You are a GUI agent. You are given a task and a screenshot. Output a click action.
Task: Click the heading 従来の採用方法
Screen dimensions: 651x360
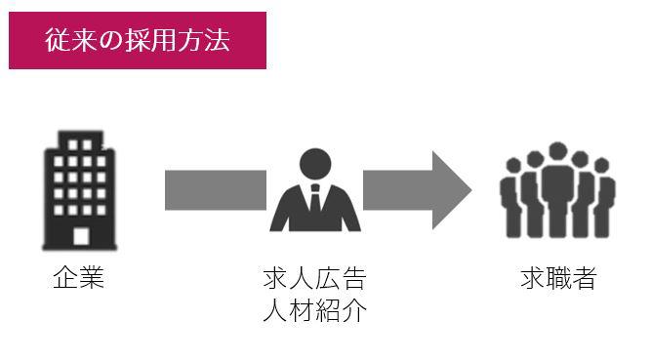point(138,40)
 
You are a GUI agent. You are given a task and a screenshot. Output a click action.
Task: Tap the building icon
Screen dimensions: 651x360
point(80,190)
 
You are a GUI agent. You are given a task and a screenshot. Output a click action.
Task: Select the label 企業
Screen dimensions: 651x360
point(78,277)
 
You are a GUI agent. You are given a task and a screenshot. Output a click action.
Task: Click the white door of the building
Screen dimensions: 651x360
point(81,237)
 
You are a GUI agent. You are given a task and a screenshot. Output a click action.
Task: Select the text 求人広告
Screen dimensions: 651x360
point(314,278)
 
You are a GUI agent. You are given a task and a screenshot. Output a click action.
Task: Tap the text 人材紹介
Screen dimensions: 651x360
point(314,310)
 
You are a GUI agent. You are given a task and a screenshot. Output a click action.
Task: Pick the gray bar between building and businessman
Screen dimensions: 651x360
point(216,190)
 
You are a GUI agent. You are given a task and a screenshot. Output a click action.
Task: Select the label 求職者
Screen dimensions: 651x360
point(559,278)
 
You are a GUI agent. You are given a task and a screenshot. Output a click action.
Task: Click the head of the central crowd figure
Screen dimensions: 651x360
point(557,151)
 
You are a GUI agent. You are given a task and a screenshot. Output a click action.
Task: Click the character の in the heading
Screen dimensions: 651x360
point(111,41)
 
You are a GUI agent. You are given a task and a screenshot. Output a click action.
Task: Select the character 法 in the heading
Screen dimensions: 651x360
point(217,40)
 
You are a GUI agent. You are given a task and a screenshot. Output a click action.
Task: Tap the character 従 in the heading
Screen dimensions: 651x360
point(58,40)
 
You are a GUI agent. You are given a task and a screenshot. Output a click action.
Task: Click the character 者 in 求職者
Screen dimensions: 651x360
point(585,278)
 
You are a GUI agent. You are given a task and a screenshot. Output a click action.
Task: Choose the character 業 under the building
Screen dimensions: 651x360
point(92,277)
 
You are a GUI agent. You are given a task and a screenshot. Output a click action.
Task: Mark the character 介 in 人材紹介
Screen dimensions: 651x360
point(354,310)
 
